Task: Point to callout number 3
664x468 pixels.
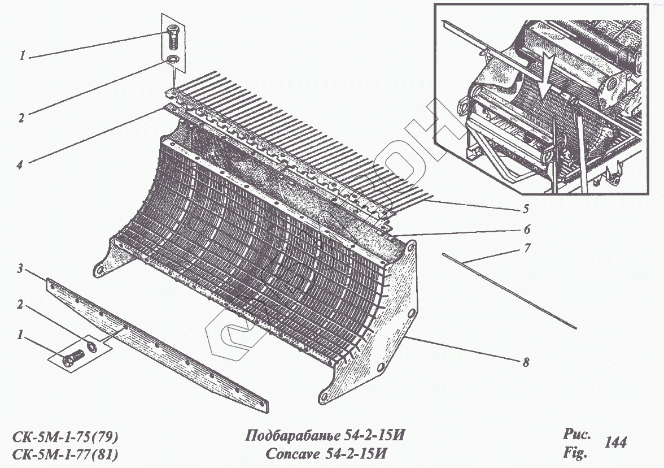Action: (x=21, y=270)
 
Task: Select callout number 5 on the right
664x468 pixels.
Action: (x=526, y=209)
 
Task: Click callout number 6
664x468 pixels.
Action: (x=526, y=229)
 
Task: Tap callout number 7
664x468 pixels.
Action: (x=527, y=248)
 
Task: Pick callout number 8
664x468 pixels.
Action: (x=526, y=363)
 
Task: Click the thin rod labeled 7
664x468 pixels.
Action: (x=508, y=291)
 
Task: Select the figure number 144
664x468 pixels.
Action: (x=615, y=443)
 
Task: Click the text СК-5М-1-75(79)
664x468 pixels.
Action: (x=65, y=437)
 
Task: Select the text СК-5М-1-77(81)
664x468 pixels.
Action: (x=65, y=453)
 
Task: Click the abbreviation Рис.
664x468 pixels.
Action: (x=576, y=435)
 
